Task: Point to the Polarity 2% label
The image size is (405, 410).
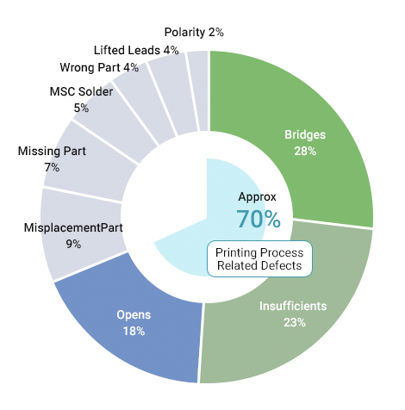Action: pos(194,32)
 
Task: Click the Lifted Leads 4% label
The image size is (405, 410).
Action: pos(136,50)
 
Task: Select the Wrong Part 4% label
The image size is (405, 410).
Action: pos(99,67)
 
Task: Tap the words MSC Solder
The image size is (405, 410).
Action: pos(81,91)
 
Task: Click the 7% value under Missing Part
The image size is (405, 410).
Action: pos(52,167)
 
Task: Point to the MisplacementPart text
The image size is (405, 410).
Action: pos(73,227)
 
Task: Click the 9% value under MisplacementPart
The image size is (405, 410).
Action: pos(73,244)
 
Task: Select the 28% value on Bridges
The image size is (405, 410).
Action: pos(305,151)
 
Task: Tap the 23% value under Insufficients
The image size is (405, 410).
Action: pos(295,322)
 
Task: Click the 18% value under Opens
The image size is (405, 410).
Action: pos(134,331)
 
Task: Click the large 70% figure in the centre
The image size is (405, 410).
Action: pos(259,219)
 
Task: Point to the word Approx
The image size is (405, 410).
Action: pos(257,197)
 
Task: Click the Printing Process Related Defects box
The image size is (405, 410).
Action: pos(259,259)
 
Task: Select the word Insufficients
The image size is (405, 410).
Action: pos(293,306)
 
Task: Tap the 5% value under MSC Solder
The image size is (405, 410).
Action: pos(81,108)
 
